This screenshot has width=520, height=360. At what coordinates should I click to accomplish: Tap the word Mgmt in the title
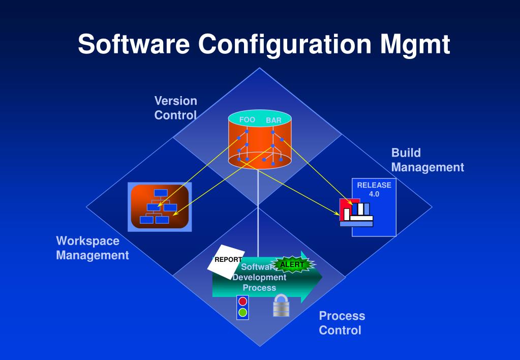click(x=414, y=45)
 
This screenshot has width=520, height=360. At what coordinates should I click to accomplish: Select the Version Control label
click(x=175, y=108)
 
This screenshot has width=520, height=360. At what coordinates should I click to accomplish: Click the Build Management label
click(x=427, y=160)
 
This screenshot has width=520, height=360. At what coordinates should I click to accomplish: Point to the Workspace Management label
click(x=92, y=248)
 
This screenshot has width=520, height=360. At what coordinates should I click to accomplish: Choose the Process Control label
click(x=342, y=323)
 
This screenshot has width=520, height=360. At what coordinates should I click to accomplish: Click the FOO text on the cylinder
click(x=247, y=120)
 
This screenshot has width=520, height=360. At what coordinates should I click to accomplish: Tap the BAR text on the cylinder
click(x=273, y=121)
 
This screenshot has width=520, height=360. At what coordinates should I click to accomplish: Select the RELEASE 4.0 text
click(x=374, y=189)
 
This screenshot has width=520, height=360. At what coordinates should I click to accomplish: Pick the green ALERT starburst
click(x=292, y=264)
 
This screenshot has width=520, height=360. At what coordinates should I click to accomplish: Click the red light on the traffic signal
click(x=243, y=302)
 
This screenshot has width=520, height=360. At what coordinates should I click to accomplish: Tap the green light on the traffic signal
click(x=243, y=312)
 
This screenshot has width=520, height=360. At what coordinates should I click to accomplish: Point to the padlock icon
click(x=281, y=306)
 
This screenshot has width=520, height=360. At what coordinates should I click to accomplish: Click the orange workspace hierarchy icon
click(x=160, y=206)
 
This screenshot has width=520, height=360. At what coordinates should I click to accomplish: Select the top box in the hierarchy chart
click(x=161, y=193)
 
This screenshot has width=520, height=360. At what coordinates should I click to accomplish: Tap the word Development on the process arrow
click(x=259, y=278)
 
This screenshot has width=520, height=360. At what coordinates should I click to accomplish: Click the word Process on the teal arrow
click(x=259, y=288)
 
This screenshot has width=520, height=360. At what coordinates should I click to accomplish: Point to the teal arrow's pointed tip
click(x=322, y=278)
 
